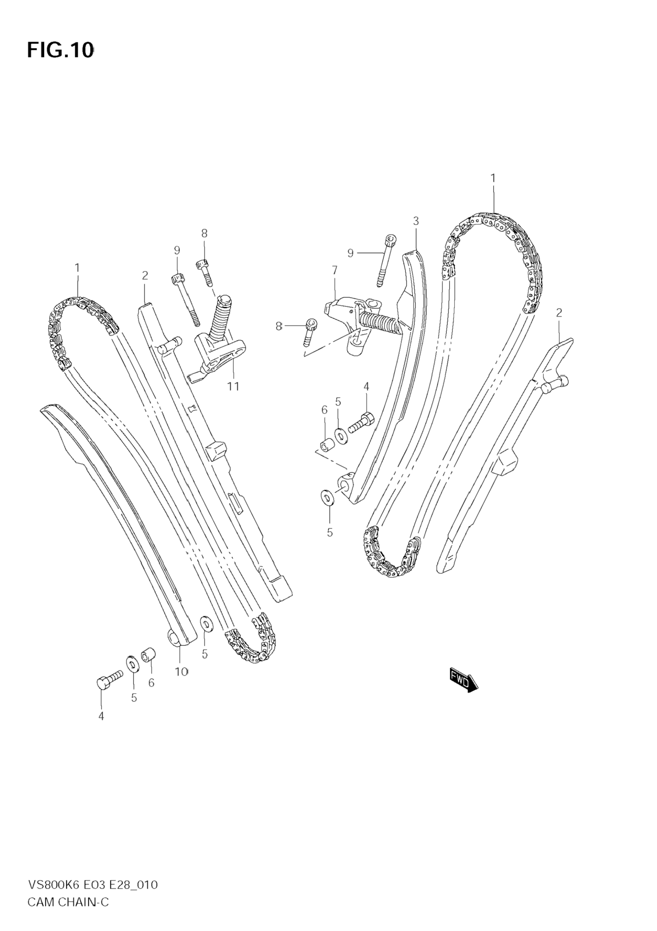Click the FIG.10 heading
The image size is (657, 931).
tap(60, 50)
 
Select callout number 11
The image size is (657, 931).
tap(233, 386)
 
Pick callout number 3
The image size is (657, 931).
tap(416, 221)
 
